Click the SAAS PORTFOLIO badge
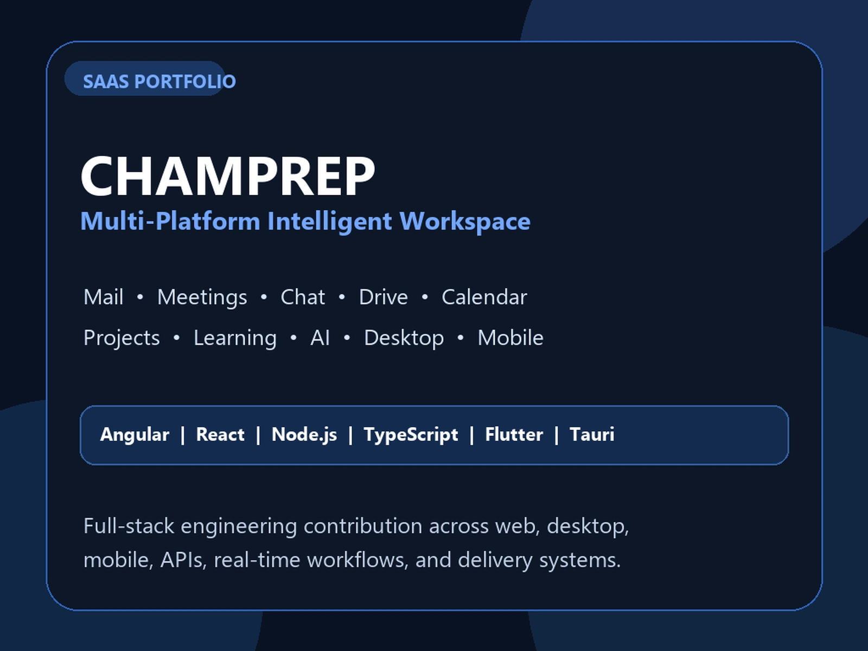click(x=145, y=78)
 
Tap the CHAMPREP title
click(x=228, y=175)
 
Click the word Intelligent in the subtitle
click(x=330, y=221)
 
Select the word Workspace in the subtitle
click(x=465, y=221)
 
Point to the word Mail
click(x=104, y=297)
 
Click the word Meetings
click(x=202, y=298)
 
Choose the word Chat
click(x=303, y=297)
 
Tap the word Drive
click(x=383, y=297)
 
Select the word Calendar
click(x=484, y=297)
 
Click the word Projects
click(x=122, y=339)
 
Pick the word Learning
click(x=235, y=339)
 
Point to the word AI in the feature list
click(x=320, y=338)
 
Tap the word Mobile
click(x=510, y=337)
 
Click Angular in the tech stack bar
click(x=135, y=435)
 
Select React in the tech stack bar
click(x=220, y=435)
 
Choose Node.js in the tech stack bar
click(x=304, y=435)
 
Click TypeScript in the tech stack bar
click(x=411, y=435)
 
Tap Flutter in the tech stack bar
click(x=514, y=435)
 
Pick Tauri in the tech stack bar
click(x=592, y=435)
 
